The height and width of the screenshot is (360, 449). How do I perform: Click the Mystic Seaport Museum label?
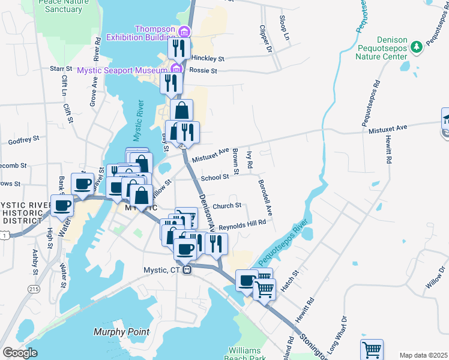[122, 70]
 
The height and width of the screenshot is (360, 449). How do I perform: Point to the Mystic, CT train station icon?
[188, 270]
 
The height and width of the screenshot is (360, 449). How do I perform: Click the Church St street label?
[226, 205]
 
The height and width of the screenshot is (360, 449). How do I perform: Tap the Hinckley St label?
[209, 59]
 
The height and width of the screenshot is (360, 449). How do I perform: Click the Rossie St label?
[203, 71]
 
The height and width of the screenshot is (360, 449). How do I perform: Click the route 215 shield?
[34, 289]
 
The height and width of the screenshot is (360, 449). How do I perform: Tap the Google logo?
[20, 353]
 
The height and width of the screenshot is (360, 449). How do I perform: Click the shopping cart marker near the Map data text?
[372, 350]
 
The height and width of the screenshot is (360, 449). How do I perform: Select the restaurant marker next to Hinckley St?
[179, 48]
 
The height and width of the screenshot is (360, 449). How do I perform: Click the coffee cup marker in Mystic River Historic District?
[62, 206]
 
